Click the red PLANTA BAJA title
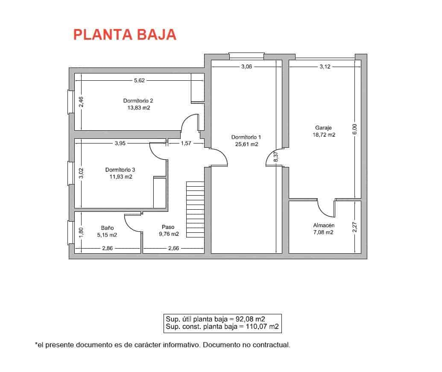tap(125, 35)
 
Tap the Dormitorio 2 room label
tap(138, 101)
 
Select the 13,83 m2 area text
tap(138, 108)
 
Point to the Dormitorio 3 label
tap(120, 170)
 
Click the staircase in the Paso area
tap(195, 209)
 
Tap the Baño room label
tap(107, 228)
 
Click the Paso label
tap(168, 227)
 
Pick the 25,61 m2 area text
tap(246, 144)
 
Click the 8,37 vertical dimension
tap(276, 156)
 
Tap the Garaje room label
tap(323, 127)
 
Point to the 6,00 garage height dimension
tap(354, 129)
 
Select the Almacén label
tap(324, 225)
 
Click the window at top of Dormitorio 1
tap(246, 55)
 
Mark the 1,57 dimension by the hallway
tap(186, 144)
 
